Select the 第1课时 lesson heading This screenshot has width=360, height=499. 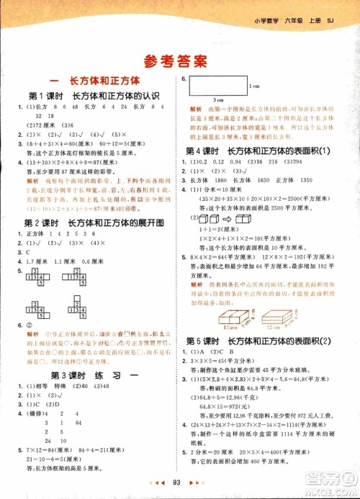90,95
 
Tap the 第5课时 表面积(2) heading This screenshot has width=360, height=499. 268,341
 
